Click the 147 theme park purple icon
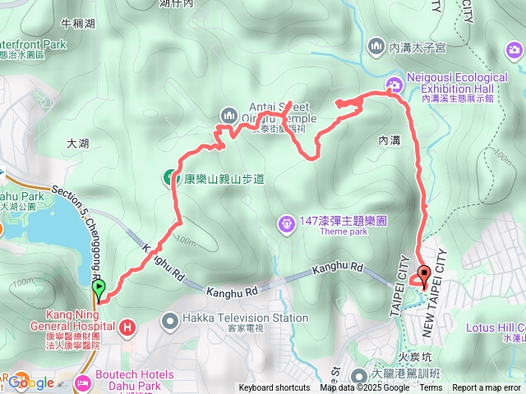pos(285,222)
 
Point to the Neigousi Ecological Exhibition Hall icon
pos(394,83)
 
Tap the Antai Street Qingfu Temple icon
pos(228,113)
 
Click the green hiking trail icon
pos(170,176)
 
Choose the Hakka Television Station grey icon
pos(170,318)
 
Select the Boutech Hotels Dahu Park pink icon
pos(82,382)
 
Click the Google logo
pos(31,383)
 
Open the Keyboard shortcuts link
pos(275,388)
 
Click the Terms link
pos(431,388)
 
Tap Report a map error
pos(487,388)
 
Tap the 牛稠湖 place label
pos(78,23)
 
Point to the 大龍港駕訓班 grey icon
pos(359,376)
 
